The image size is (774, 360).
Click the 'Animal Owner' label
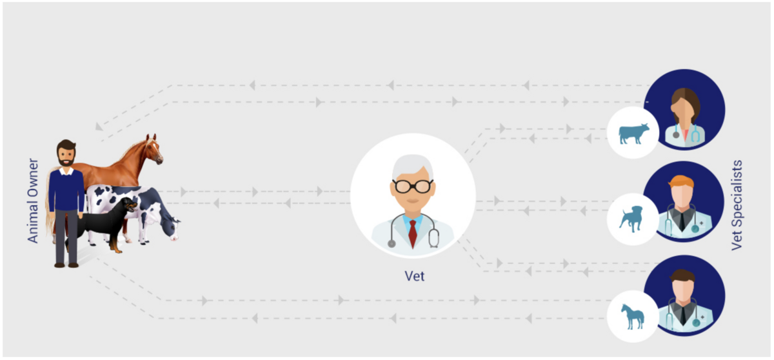[x=33, y=201]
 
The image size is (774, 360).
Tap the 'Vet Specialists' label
[x=737, y=205]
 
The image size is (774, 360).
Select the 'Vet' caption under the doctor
[x=414, y=276]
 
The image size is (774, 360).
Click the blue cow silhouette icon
[x=633, y=134]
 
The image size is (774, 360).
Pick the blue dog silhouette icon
[x=631, y=219]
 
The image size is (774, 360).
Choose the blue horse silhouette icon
[x=632, y=316]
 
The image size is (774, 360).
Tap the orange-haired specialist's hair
[x=681, y=182]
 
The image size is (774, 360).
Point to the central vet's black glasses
[x=413, y=186]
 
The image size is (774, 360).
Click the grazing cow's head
[x=171, y=228]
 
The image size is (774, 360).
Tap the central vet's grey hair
[x=413, y=166]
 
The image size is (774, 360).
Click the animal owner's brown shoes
[x=66, y=265]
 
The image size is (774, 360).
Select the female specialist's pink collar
[x=684, y=133]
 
